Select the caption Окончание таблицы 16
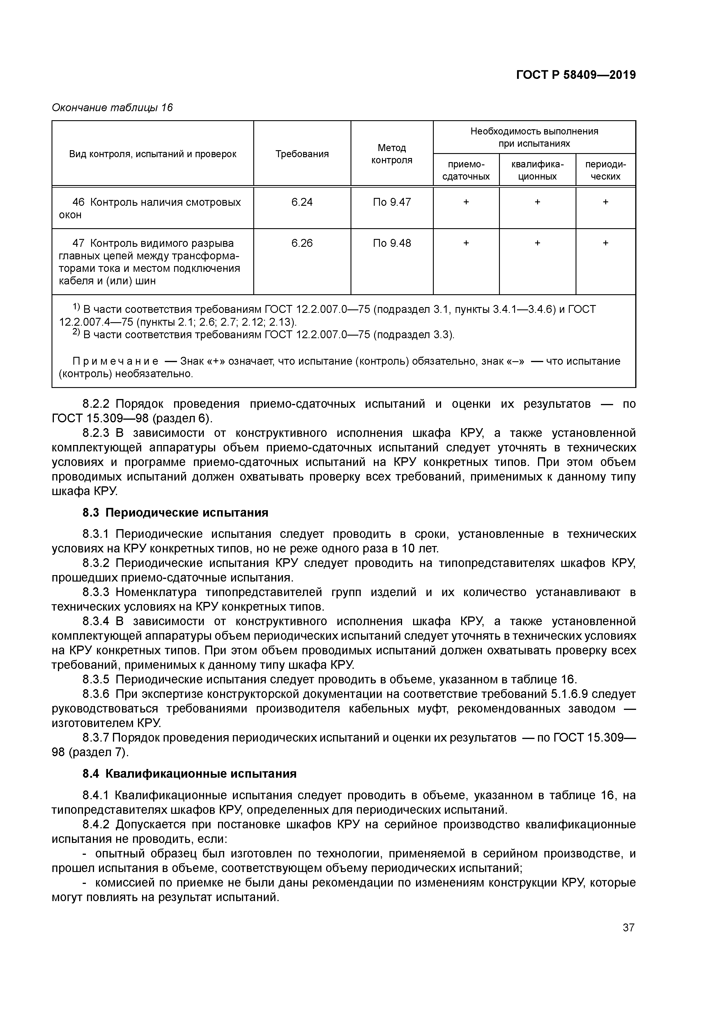pos(112,108)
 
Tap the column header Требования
pos(302,154)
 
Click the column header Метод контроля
pos(392,154)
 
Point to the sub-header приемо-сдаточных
pos(466,170)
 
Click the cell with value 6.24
pos(302,202)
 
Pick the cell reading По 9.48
pos(392,243)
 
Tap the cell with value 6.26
pos(302,243)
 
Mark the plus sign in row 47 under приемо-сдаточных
pos(466,243)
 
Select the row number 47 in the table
pos(78,243)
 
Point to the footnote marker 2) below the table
pos(76,333)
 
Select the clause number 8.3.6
pos(96,694)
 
